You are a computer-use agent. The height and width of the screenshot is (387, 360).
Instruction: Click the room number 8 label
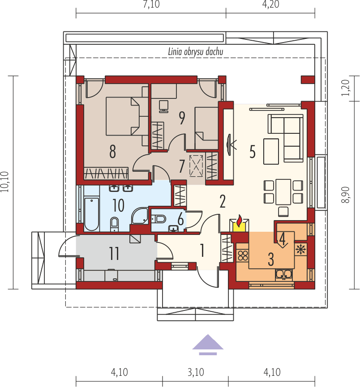tap(112, 152)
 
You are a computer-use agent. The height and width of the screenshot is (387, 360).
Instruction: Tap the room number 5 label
tap(253, 152)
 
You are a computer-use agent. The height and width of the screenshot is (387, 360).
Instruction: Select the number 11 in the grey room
tap(114, 254)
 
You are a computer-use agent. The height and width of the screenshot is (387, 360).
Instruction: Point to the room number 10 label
tap(118, 205)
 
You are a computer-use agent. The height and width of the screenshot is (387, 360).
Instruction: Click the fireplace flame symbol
tap(240, 221)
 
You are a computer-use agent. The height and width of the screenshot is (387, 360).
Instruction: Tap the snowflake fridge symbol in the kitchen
tap(300, 248)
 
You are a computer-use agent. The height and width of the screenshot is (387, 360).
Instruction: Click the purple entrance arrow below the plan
tap(208, 344)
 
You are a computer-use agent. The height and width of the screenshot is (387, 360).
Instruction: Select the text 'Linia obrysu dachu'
tap(196, 52)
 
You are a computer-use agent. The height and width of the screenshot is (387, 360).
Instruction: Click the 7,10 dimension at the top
tap(151, 5)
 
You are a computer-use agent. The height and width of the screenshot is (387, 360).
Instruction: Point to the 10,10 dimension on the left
tap(5, 183)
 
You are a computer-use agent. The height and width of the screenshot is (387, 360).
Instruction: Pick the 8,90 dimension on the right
tap(344, 195)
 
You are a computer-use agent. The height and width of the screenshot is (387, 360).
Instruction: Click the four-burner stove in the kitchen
tap(242, 256)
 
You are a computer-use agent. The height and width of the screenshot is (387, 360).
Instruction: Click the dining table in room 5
tap(283, 191)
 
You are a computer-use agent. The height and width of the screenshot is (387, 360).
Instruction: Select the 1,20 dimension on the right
tap(344, 89)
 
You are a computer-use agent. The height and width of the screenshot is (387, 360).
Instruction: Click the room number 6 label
tap(180, 219)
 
